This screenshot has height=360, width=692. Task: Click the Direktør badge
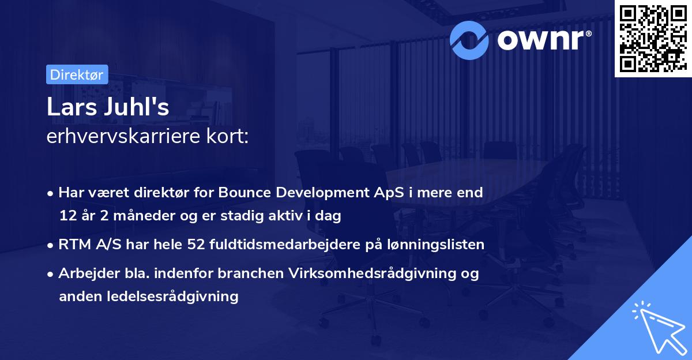[x=77, y=74]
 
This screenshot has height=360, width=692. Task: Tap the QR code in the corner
[x=652, y=39]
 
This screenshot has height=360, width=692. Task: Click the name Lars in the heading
[x=69, y=109]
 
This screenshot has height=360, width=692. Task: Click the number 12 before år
[x=67, y=216]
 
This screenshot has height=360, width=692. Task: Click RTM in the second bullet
[x=72, y=245]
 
